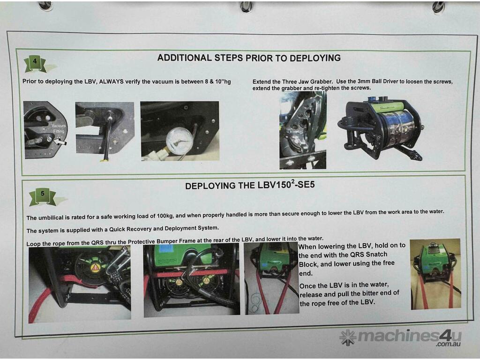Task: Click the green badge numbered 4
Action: click(x=35, y=64)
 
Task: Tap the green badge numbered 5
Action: click(x=43, y=196)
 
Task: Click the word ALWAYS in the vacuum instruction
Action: click(x=111, y=82)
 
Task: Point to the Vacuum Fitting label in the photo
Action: click(x=58, y=128)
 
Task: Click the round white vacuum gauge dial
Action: click(x=179, y=141)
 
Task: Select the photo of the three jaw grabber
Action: click(x=302, y=130)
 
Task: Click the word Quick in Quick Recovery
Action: click(x=118, y=229)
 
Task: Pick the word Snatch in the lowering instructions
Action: click(x=376, y=255)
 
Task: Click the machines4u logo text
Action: click(x=410, y=337)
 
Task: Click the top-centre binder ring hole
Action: click(x=247, y=7)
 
